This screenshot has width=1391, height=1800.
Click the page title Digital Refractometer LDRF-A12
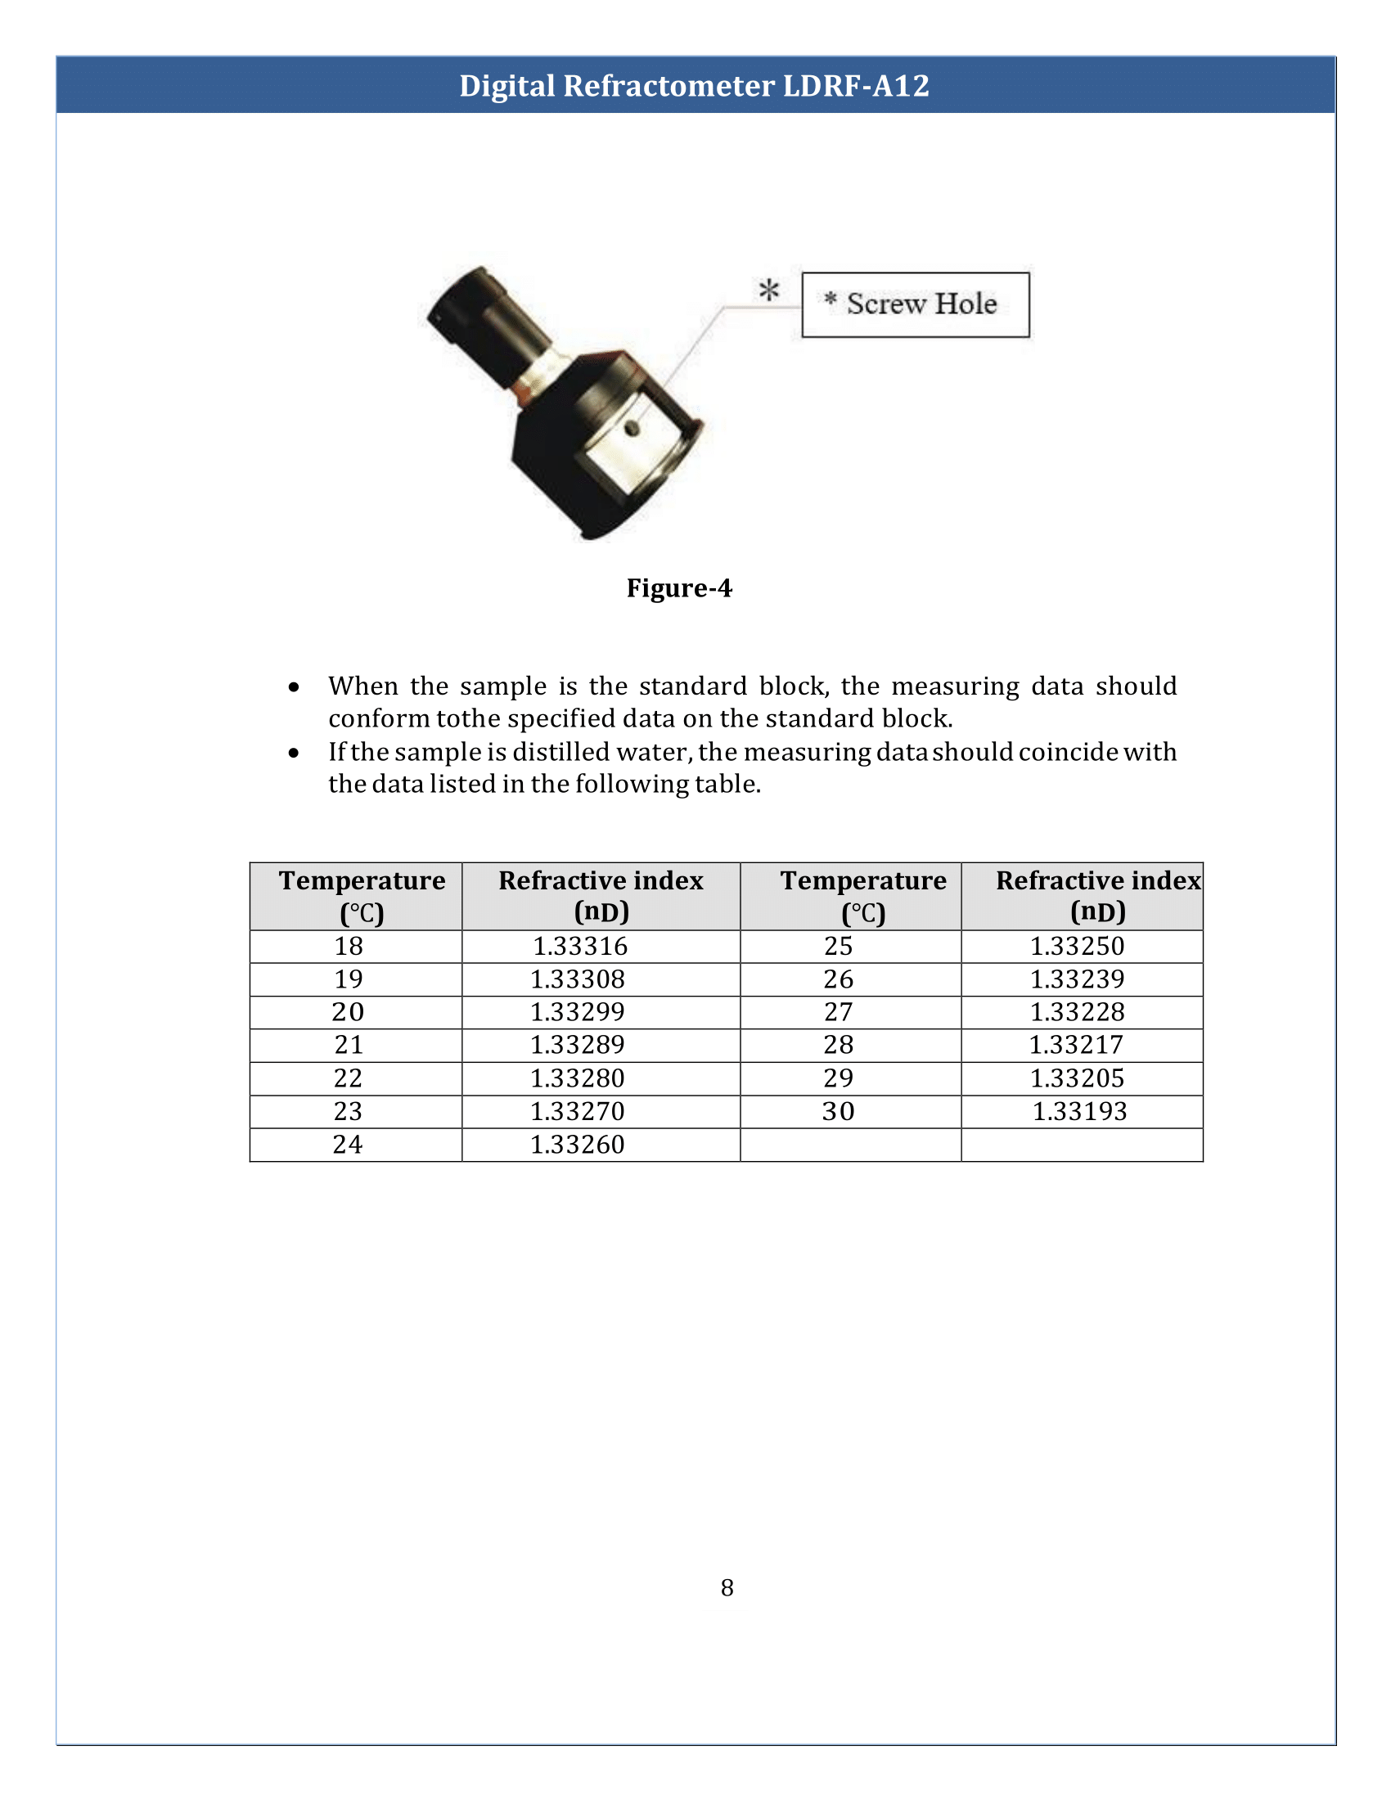pyautogui.click(x=694, y=86)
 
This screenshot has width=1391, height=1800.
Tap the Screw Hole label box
pyautogui.click(x=915, y=304)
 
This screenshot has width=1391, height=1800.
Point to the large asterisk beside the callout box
pyautogui.click(x=769, y=290)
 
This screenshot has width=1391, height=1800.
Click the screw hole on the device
pyautogui.click(x=632, y=428)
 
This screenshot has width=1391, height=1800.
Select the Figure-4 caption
pyautogui.click(x=679, y=587)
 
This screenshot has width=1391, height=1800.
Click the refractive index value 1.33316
pyautogui.click(x=580, y=946)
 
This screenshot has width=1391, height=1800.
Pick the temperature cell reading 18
pyautogui.click(x=349, y=946)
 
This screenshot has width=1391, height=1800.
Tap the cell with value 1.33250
pyautogui.click(x=1077, y=946)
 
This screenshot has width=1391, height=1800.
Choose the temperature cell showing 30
pyautogui.click(x=838, y=1111)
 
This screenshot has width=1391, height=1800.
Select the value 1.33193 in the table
pyautogui.click(x=1079, y=1111)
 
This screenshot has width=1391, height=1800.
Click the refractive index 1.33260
pyautogui.click(x=578, y=1145)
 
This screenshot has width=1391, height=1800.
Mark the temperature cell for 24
pyautogui.click(x=348, y=1145)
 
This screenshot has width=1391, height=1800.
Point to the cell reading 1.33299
pyautogui.click(x=578, y=1012)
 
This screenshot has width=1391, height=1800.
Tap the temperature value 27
pyautogui.click(x=838, y=1012)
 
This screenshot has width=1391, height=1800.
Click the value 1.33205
pyautogui.click(x=1077, y=1078)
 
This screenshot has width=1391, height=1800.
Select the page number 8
pyautogui.click(x=727, y=1587)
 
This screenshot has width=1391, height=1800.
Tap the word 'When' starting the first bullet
pyautogui.click(x=362, y=686)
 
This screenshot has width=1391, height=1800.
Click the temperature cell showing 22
pyautogui.click(x=348, y=1078)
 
